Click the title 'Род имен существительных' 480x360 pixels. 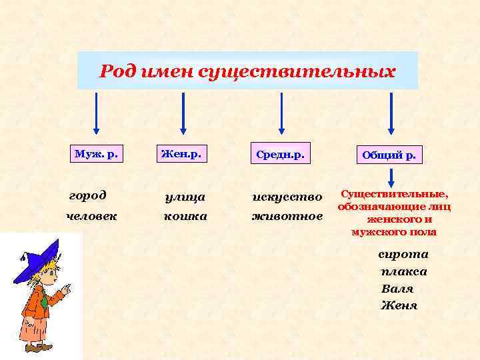point(247,71)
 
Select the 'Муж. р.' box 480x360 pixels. point(97,154)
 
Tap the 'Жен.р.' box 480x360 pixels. point(181,154)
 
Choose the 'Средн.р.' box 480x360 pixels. point(279,155)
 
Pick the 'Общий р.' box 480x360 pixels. point(389,155)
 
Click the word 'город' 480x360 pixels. point(87,196)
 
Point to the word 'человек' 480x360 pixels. point(92,216)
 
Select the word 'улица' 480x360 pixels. point(185,197)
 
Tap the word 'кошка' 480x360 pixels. point(185,216)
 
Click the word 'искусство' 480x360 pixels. point(287,197)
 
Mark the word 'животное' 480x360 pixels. point(287,216)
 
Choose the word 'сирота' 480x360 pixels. point(403,254)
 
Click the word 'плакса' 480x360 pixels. point(403,271)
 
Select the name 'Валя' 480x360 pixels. point(397,289)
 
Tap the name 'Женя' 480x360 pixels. point(399,306)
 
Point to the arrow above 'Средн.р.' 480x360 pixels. point(281,113)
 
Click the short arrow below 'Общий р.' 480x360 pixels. point(391,177)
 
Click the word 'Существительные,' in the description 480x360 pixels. point(395,194)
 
